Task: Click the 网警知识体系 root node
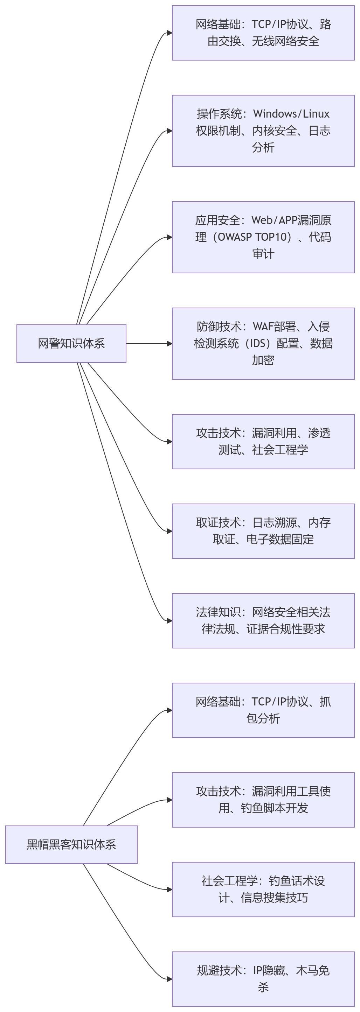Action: pos(71,343)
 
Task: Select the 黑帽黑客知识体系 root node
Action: pos(71,845)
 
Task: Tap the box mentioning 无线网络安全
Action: pos(263,33)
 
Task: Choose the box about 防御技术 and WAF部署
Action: pos(263,343)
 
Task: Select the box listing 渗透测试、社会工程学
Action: pos(263,442)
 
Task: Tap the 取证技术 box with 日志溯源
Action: pos(263,531)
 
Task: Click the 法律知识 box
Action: pos(263,621)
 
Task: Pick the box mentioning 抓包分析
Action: pos(263,710)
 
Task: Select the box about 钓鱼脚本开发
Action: pos(263,800)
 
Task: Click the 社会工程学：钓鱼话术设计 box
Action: pos(263,890)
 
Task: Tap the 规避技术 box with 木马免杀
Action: pos(263,979)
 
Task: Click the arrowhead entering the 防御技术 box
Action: pos(169,344)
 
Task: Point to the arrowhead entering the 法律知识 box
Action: pos(169,621)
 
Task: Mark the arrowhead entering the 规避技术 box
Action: pos(169,979)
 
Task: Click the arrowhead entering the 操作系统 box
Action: pos(169,131)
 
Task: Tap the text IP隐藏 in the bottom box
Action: pos(269,971)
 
